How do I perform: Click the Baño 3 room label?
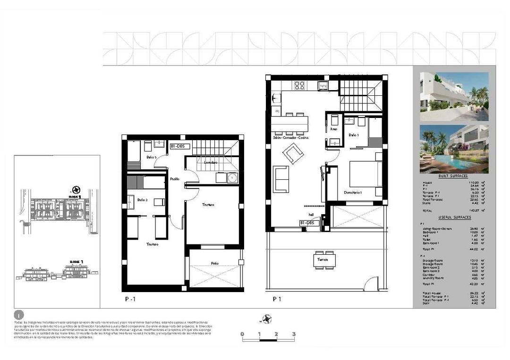coord(151,157)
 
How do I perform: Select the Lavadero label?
coord(211,162)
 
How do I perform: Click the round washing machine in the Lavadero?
coord(231,177)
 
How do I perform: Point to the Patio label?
coord(215,263)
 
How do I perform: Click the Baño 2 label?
coord(143,200)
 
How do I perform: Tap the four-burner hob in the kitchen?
coord(299,85)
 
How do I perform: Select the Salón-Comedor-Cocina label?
coord(290,138)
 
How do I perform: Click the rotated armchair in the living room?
coord(293,153)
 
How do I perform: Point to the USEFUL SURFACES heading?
coord(454,217)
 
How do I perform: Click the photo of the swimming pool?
coord(454,149)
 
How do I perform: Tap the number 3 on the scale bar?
coord(294,334)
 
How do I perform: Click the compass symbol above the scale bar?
coord(267,319)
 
